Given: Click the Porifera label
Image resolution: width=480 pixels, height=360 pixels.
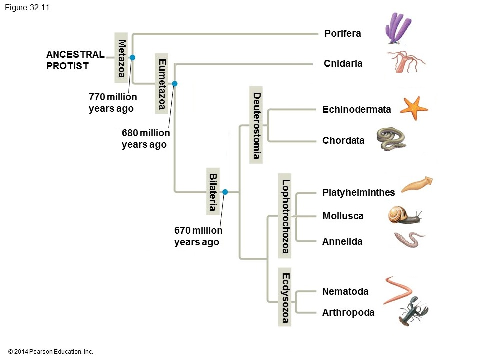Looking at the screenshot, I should coord(342,34).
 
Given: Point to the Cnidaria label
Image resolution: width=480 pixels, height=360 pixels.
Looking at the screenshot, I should coord(343,64).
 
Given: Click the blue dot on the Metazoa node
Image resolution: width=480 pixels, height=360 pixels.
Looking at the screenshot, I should coord(132,58).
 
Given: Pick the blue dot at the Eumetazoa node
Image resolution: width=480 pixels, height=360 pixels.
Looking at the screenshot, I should coord(174,83).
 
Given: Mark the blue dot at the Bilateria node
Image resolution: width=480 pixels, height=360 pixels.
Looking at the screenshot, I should coord(225,192).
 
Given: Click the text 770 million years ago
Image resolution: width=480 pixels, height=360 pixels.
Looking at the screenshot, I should coord(113,102).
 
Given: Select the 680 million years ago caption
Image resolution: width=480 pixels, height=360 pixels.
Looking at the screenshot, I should coord(145,139).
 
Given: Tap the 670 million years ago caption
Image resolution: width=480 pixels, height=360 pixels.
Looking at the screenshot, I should coord(198,236).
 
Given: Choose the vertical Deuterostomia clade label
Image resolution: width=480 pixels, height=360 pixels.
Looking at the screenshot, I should coord(256,125).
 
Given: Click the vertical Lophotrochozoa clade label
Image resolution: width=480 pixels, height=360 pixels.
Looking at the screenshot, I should coord(285,216).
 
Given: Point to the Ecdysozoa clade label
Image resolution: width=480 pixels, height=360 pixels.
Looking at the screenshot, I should coord(285,298).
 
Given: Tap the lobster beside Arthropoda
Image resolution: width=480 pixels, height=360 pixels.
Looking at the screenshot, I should coord(413,311).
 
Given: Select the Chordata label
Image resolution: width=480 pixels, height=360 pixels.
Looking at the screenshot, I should coord(343,141).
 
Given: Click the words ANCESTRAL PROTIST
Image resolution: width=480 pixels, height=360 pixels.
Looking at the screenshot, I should coord(75,60).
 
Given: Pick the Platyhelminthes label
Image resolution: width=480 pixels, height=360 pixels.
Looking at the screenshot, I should coord(358,192).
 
